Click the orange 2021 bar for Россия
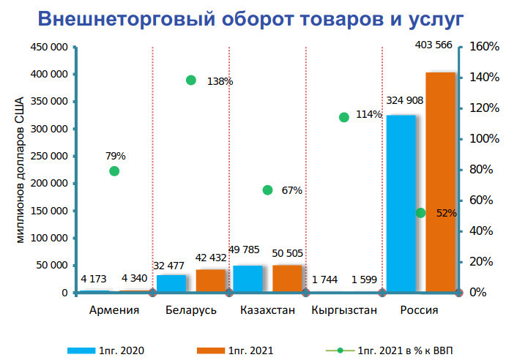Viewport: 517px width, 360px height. [440, 183]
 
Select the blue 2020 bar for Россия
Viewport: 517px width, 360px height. [401, 205]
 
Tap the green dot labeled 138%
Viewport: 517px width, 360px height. [191, 80]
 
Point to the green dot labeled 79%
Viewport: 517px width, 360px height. [114, 171]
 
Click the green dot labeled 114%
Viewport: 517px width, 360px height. [344, 117]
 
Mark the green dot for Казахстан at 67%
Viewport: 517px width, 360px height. [267, 190]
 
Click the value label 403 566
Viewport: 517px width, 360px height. [434, 64]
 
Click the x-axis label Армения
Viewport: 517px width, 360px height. [114, 310]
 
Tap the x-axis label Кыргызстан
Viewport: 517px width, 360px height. [344, 310]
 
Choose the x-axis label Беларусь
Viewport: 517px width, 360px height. [191, 310]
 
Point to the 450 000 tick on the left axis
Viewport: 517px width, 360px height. [50, 47]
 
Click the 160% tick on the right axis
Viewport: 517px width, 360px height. [484, 46]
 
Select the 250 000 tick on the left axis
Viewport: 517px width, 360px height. [50, 156]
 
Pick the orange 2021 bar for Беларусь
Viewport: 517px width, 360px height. [210, 281]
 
